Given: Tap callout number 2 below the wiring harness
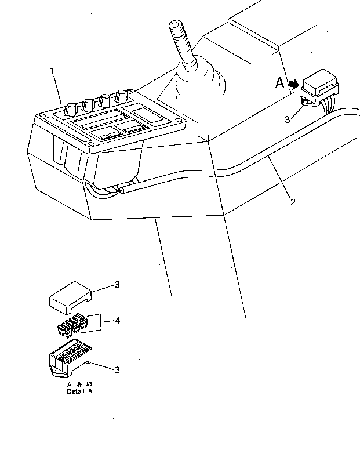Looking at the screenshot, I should pyautogui.click(x=293, y=202).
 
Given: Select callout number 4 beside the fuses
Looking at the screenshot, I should pyautogui.click(x=118, y=321).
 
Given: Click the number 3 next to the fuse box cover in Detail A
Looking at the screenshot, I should pyautogui.click(x=117, y=285).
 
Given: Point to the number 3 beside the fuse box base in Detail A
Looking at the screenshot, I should pyautogui.click(x=117, y=370).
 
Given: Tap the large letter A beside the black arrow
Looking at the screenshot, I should pyautogui.click(x=280, y=84).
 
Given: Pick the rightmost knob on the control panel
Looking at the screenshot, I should pyautogui.click(x=122, y=96).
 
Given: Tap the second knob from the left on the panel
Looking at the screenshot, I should pyautogui.click(x=89, y=105).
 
